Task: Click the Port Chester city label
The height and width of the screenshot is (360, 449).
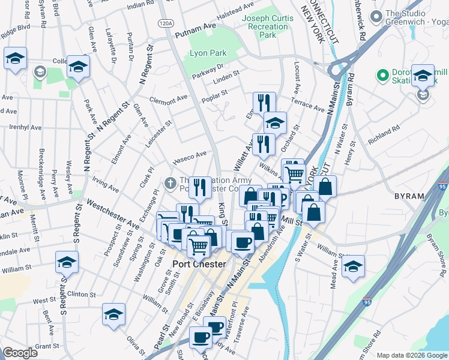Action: (199, 264)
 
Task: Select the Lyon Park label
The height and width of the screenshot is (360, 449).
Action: (208, 53)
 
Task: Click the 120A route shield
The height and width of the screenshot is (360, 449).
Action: (166, 23)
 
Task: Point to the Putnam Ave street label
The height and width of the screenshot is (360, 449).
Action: (195, 31)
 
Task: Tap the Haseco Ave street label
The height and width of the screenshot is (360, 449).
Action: (190, 157)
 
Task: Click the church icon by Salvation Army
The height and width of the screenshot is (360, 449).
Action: (170, 182)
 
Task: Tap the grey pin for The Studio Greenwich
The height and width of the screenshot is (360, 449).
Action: (376, 14)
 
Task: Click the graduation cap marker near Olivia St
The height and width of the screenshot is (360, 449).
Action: (113, 314)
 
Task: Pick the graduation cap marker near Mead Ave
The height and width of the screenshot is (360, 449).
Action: (354, 266)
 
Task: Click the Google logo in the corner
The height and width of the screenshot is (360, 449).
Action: (20, 353)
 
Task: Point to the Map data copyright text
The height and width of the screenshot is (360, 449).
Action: (411, 355)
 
